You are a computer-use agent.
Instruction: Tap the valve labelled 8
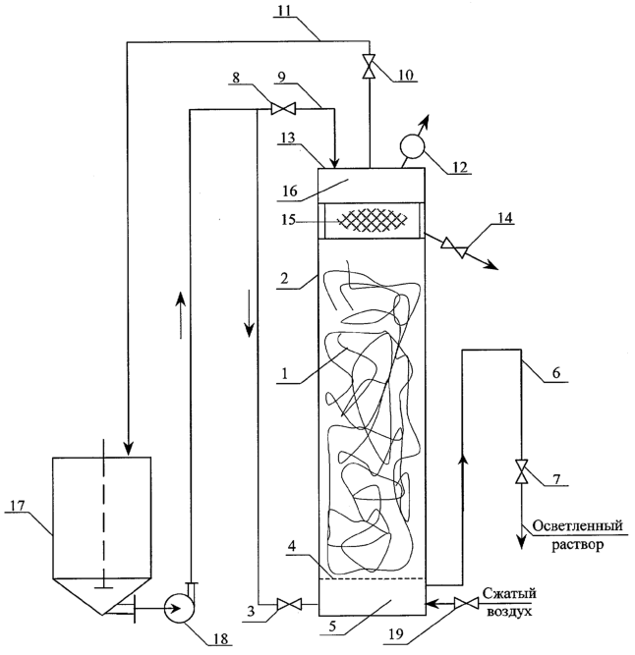point(282,109)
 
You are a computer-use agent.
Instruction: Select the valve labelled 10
point(370,66)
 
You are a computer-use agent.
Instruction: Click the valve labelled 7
point(521,471)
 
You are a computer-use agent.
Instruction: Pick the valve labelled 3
point(289,604)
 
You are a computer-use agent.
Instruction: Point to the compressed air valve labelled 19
point(466,604)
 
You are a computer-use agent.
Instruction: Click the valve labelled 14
point(454,247)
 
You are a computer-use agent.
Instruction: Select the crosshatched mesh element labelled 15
point(372,219)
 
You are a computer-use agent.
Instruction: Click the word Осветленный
point(578,525)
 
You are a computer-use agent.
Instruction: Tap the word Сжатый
point(509,593)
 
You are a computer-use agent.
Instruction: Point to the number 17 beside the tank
point(17,506)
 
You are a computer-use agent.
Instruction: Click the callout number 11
point(285,11)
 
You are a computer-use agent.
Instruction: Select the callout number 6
point(556,372)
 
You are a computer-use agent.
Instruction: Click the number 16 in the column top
point(290,191)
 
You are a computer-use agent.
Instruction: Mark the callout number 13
point(287,137)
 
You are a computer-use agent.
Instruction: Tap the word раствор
point(577,545)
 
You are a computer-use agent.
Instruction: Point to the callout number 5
point(332,627)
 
